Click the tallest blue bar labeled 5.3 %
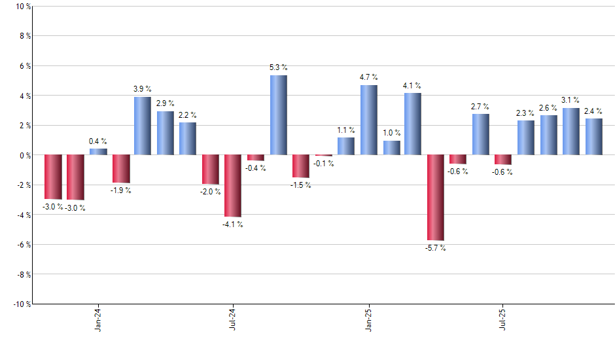click(278, 115)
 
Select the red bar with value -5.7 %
click(436, 198)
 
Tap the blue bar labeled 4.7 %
click(368, 120)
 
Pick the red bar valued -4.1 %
click(233, 186)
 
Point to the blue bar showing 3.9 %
click(143, 126)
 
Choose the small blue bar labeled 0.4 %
click(98, 152)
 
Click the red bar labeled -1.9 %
click(120, 169)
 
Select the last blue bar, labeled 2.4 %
click(594, 137)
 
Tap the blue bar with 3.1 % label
click(571, 132)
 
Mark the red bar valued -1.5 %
click(300, 166)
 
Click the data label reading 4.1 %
click(412, 86)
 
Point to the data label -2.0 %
click(210, 192)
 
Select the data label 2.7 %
click(481, 106)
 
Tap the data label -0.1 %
click(323, 164)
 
